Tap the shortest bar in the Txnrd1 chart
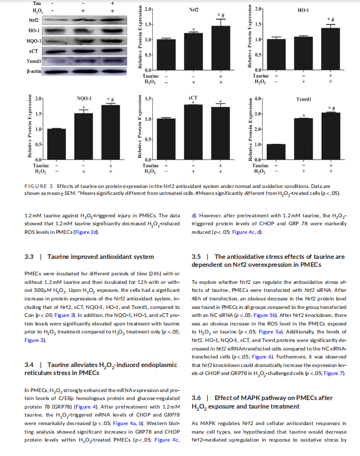(276, 152)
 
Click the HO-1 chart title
(304, 10)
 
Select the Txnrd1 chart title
(304, 99)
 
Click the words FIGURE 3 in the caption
(38, 185)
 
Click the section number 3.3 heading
(29, 257)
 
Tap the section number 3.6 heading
(197, 398)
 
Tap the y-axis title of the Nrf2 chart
(140, 38)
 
